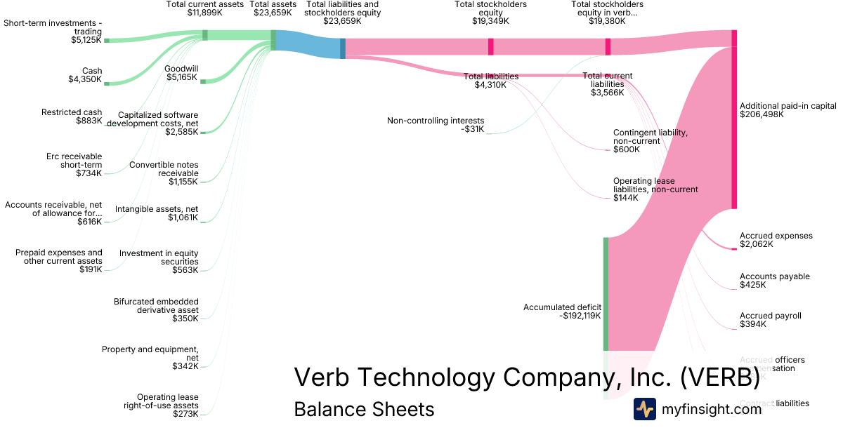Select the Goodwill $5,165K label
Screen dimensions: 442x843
click(181, 73)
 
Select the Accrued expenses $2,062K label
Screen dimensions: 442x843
click(776, 240)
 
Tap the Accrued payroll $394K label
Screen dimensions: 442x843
click(770, 320)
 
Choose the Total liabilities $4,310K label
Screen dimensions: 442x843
click(491, 81)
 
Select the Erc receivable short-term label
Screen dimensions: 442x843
click(77, 164)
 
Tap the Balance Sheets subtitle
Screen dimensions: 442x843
click(364, 409)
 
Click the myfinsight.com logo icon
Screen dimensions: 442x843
click(644, 409)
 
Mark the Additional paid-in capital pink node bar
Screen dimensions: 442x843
click(734, 119)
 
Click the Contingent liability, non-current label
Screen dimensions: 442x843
click(650, 140)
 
